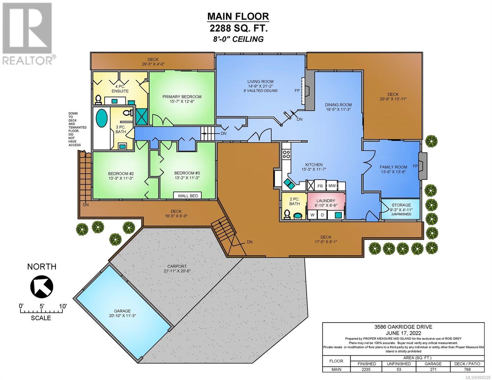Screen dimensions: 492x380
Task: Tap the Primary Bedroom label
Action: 182,97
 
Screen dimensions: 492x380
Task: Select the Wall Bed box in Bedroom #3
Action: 188,196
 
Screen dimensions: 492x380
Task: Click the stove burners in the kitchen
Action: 286,154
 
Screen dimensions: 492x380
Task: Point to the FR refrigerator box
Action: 320,186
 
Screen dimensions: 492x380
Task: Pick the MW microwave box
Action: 332,186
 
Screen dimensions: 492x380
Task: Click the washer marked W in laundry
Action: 312,215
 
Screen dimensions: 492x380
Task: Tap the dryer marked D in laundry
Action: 322,215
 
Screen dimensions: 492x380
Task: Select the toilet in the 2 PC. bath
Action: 287,214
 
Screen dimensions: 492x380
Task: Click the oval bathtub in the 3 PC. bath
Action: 102,118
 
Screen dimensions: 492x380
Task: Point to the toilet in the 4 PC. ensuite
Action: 98,99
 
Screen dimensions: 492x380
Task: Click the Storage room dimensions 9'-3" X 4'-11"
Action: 401,210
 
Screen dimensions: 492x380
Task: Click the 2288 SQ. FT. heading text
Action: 238,28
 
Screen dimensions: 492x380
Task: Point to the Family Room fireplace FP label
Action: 415,166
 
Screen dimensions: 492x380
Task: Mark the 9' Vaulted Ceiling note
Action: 260,91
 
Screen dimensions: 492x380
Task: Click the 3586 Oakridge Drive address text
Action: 403,327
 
